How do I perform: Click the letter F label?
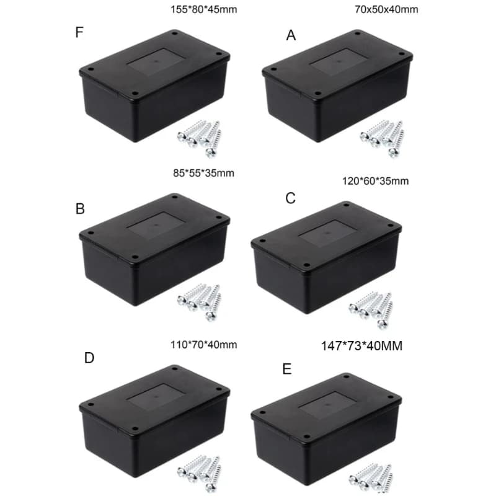(79, 32)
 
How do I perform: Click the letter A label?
(291, 36)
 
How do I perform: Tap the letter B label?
(80, 209)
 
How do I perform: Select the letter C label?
(290, 198)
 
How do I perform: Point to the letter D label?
(89, 358)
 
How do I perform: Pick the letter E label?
(286, 370)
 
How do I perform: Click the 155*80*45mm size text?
(204, 9)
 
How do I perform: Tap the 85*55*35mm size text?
(204, 173)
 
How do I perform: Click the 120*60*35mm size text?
(375, 181)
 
